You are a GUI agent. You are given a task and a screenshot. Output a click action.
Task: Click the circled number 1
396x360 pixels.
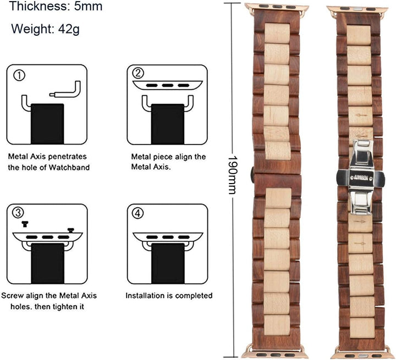click(x=19, y=75)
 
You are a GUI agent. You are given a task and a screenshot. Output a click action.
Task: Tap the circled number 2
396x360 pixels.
click(x=138, y=73)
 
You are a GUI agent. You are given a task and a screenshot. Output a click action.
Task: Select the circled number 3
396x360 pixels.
click(x=18, y=213)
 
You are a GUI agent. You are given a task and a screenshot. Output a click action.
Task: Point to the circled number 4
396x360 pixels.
click(x=138, y=213)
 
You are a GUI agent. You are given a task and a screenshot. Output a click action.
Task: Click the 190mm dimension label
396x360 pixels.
click(x=232, y=174)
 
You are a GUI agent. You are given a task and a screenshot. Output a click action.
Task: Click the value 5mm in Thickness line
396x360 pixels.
click(x=88, y=6)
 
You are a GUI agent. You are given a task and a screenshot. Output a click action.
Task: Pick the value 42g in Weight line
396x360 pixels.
click(x=69, y=29)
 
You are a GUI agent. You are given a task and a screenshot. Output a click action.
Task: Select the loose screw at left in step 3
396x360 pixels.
click(x=25, y=224)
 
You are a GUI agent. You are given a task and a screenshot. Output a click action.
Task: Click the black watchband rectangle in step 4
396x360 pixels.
click(x=168, y=263)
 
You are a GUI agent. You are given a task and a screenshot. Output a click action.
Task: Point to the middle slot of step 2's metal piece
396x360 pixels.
click(x=168, y=86)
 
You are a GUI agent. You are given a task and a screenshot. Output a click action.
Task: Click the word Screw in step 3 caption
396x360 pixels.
click(x=12, y=296)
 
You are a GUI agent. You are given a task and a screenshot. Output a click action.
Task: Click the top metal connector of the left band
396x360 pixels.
click(x=277, y=7)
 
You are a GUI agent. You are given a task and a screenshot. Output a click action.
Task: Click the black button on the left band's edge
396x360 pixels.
click(x=252, y=175)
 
